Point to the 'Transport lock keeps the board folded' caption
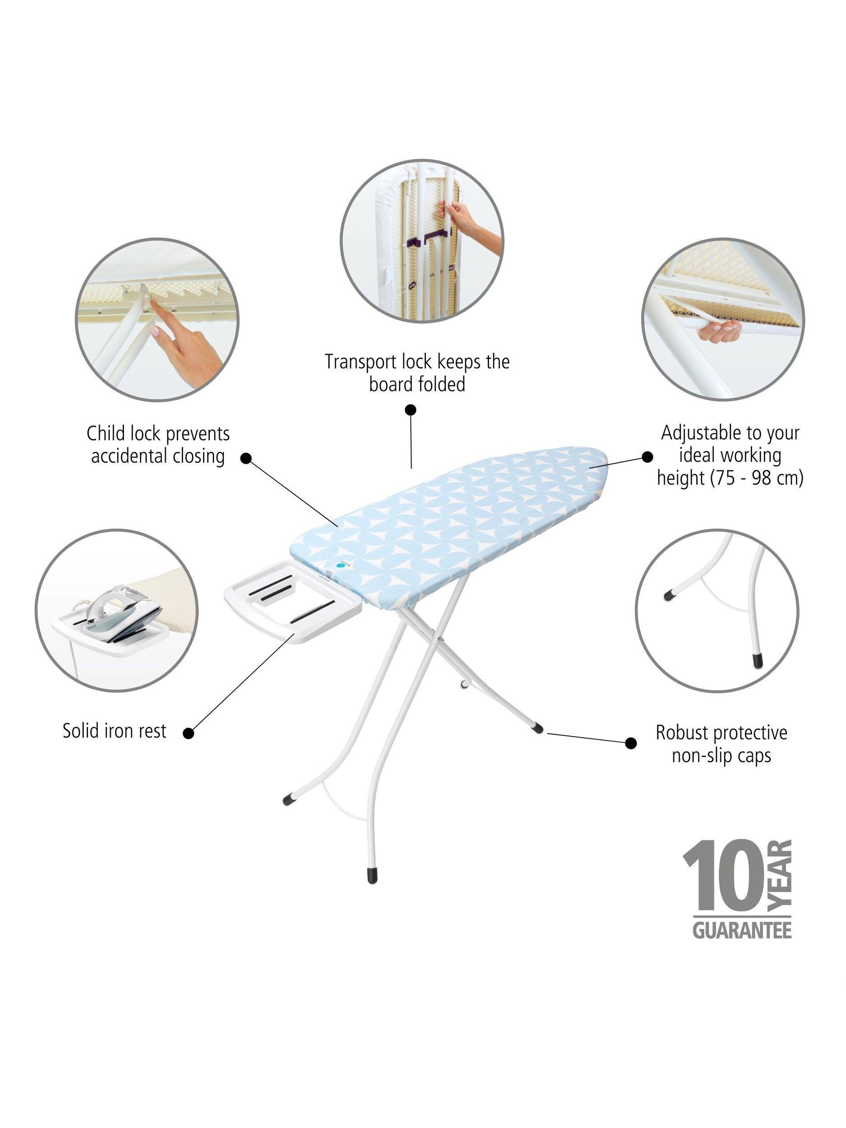point(417,373)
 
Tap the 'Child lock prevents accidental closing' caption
point(158,445)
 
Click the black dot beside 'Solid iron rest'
point(188,733)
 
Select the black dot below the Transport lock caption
point(411,410)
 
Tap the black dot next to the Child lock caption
point(245,458)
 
